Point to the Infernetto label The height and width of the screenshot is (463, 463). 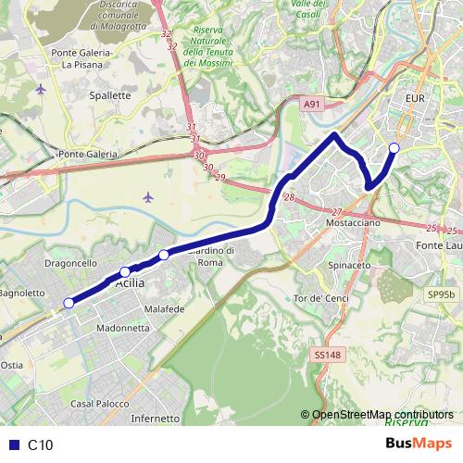(155, 419)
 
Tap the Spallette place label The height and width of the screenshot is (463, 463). (109, 94)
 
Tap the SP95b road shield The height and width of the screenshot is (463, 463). (442, 294)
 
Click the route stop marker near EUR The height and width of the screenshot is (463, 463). (394, 148)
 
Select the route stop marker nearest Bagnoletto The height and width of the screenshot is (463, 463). (68, 303)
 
